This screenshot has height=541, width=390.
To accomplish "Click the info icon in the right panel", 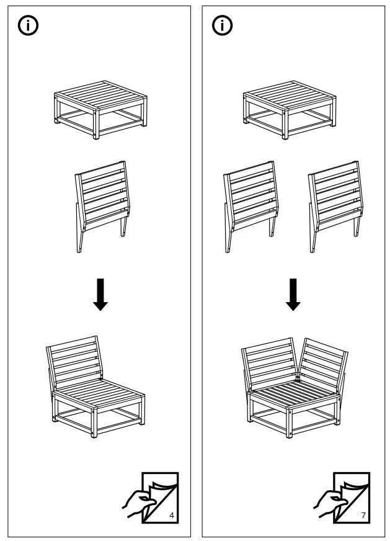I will pos(221,25).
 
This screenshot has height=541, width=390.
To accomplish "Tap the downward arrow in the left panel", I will pos(100,296).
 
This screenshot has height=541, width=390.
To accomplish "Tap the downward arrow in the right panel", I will pos(293,296).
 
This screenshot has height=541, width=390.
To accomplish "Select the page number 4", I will pos(171,516).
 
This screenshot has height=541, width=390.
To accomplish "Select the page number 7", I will pos(363,516).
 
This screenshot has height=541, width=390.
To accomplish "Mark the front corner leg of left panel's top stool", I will pos(96,127).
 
